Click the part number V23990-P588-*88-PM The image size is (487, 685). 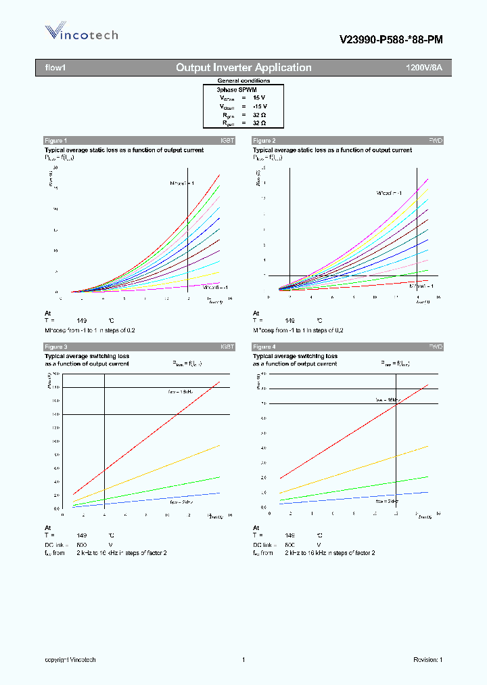click(x=391, y=40)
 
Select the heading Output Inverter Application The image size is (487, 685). click(x=243, y=68)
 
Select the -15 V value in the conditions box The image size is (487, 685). click(x=260, y=106)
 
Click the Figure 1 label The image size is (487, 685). click(x=55, y=140)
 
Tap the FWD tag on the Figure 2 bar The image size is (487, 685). click(x=436, y=140)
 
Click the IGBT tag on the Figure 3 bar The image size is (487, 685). click(x=227, y=347)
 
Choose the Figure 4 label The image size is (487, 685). click(x=264, y=347)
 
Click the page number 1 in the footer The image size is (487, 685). click(x=243, y=660)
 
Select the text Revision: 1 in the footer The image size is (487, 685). click(x=427, y=660)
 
